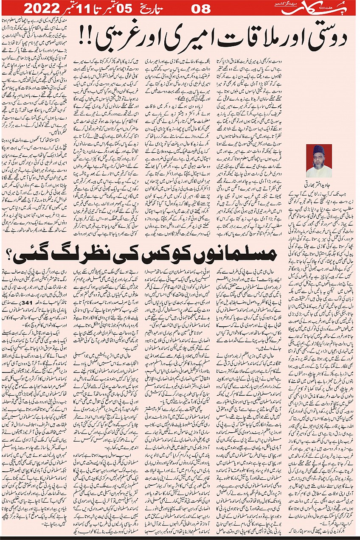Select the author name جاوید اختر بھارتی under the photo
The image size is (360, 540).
click(318, 185)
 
